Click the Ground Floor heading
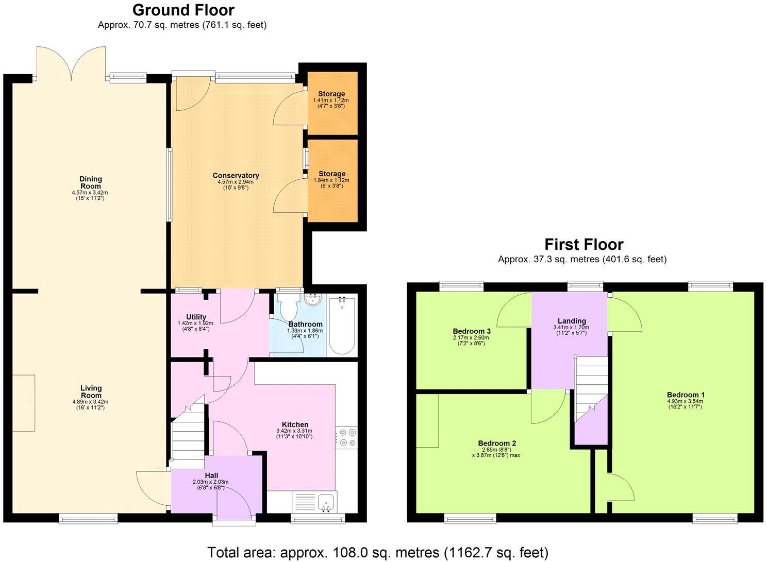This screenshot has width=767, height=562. click(183, 10)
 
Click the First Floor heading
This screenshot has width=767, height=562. click(583, 244)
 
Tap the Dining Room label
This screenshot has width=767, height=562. click(90, 182)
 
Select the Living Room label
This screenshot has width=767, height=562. click(91, 391)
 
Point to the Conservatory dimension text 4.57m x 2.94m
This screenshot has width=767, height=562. click(236, 182)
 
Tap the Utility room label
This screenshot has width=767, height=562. click(196, 317)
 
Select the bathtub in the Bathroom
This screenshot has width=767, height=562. click(341, 326)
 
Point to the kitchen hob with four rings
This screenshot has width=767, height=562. click(345, 437)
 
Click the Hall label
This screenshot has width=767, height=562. click(211, 475)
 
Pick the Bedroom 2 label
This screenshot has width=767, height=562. click(497, 444)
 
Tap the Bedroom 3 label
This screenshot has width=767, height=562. click(472, 331)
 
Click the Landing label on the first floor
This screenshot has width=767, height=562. click(572, 321)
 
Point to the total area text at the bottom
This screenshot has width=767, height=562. click(377, 553)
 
